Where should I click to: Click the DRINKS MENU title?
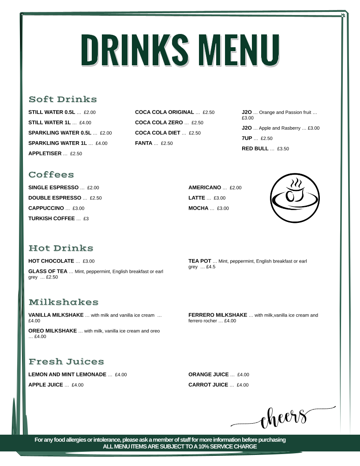[180, 49]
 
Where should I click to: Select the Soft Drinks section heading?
[63, 99]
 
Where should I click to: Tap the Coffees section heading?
[51, 175]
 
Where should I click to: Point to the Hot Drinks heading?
[61, 248]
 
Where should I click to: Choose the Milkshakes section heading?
[64, 302]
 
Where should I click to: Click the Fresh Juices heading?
[66, 362]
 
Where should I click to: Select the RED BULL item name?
[255, 149]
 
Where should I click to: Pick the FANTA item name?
[143, 143]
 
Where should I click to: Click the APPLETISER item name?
[45, 154]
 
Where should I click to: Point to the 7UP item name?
[247, 139]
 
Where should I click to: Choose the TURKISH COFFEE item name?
[52, 218]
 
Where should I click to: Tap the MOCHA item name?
[198, 208]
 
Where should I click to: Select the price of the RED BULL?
[283, 149]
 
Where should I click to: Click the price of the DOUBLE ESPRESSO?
[96, 198]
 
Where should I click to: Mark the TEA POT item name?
[200, 261]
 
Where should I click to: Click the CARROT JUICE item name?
[208, 385]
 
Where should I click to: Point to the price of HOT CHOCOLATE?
[89, 261]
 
